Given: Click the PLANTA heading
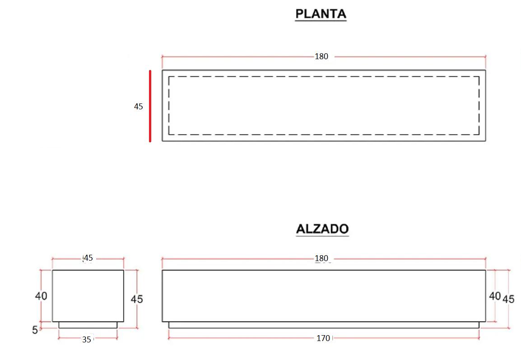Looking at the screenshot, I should tap(321, 14).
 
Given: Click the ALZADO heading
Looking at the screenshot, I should tap(322, 229).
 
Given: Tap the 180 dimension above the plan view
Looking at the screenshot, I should tap(321, 56).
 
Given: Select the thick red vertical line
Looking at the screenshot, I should tap(150, 106).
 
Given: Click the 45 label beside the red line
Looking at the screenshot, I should tap(138, 107).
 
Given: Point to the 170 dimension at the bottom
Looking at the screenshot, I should tap(323, 337).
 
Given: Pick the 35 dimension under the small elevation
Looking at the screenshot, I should tap(87, 340).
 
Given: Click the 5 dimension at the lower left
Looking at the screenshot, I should tap(35, 330).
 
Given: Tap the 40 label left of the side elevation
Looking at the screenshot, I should tap(41, 296).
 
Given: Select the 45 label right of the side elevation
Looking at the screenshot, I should tap(137, 299).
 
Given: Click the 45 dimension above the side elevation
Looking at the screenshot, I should tap(88, 258).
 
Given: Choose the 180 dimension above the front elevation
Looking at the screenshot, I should tap(321, 258).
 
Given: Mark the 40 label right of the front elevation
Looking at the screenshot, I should tap(495, 296).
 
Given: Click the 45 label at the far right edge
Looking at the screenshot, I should tap(508, 299).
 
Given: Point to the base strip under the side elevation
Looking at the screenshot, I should tap(88, 325).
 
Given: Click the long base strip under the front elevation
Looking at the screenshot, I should tap(324, 325).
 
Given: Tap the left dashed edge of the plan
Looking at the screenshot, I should tap(169, 106).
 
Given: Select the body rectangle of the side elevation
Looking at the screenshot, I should tap(88, 296).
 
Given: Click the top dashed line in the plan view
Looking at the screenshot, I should tap(324, 77).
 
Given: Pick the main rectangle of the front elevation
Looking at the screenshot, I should tap(324, 296).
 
